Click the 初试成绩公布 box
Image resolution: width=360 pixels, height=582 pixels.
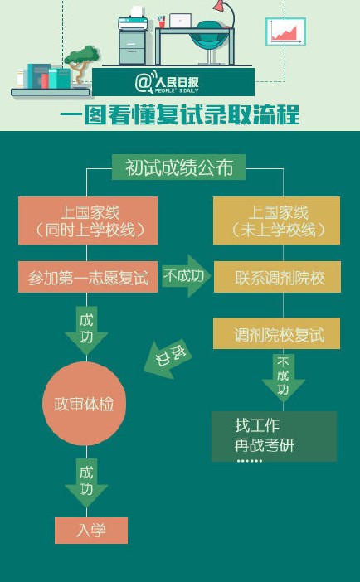coord(178,167)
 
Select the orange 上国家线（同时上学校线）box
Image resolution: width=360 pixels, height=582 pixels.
coord(88,221)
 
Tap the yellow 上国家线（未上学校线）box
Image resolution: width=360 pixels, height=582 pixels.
coord(276,221)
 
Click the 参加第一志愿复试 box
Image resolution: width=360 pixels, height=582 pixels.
coord(88,277)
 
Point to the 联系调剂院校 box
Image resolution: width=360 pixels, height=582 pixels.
coord(277,277)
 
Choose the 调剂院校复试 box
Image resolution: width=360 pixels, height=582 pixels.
coord(276,333)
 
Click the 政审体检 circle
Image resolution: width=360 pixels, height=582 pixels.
coord(84,404)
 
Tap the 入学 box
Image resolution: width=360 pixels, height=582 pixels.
coord(91,531)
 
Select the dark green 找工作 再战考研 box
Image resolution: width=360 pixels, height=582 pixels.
coord(275,436)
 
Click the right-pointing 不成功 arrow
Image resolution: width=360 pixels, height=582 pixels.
coord(186,276)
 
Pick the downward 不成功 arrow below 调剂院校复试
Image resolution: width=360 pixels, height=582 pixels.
coord(283,378)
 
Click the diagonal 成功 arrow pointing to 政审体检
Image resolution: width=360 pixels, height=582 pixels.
coord(168,358)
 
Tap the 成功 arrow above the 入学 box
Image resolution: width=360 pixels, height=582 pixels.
coord(86,483)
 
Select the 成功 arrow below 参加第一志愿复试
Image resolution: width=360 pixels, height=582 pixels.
coord(86,330)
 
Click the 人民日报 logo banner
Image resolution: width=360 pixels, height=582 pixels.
coord(173,82)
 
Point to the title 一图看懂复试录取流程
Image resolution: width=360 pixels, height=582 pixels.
coord(180,115)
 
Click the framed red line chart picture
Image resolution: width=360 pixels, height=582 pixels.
coord(285,32)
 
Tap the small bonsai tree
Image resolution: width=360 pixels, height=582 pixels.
coord(81,64)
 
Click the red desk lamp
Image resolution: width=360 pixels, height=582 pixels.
coord(225,14)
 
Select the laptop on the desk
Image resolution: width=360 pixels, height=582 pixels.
coord(181,21)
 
